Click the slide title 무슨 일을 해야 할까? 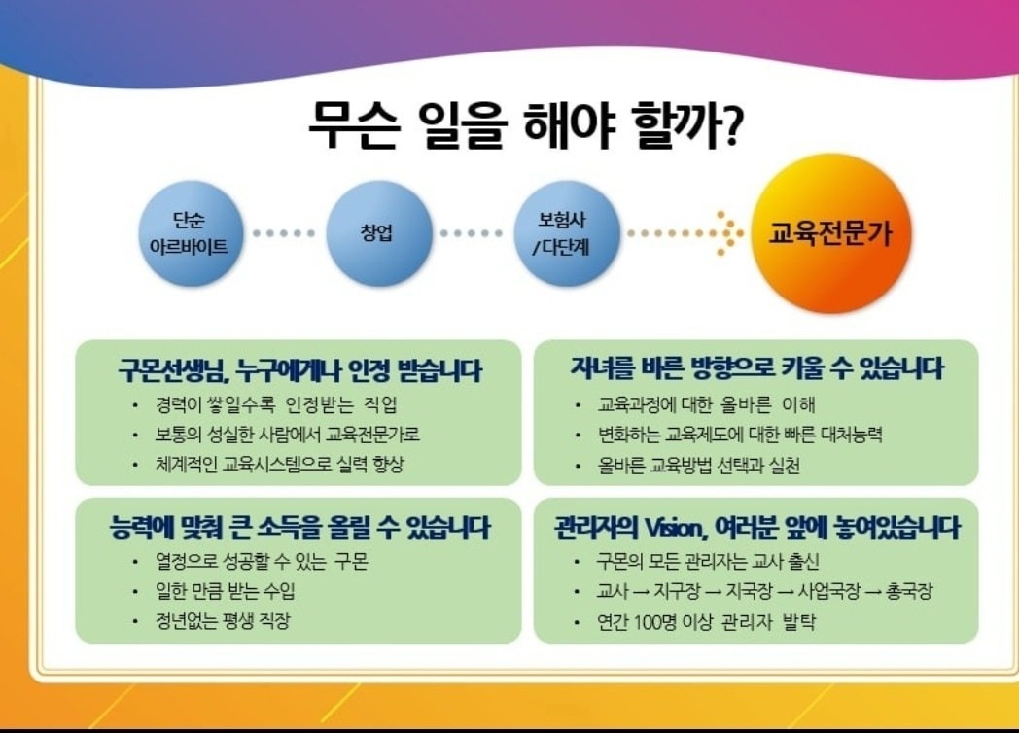coord(524,124)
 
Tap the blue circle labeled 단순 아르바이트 coord(191,233)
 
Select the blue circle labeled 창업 coord(378,233)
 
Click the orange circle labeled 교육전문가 coord(830,233)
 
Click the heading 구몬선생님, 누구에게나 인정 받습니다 coord(299,370)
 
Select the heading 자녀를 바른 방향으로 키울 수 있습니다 coord(756,367)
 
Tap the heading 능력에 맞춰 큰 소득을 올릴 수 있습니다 coord(300,527)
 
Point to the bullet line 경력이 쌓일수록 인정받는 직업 coord(275,405)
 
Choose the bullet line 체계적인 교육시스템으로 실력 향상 coord(279,464)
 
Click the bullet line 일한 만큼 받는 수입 coord(225,591)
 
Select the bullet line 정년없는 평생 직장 coord(223,620)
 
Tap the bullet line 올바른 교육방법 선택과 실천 coord(698,466)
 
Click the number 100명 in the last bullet coord(654,622)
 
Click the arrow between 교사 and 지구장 coord(642,592)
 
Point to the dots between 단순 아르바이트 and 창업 coord(284,233)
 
